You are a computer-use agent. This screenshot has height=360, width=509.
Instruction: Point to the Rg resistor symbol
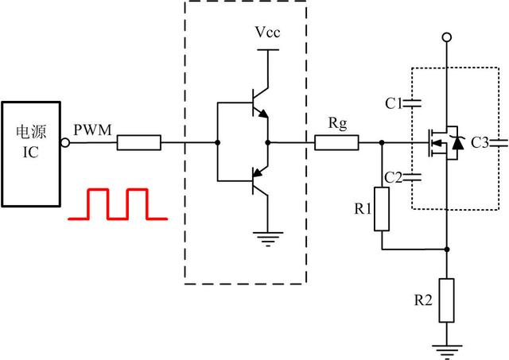pos(336,144)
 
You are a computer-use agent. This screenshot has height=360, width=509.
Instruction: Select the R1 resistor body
pos(382,209)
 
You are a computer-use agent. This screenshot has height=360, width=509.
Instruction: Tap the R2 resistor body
pos(446,300)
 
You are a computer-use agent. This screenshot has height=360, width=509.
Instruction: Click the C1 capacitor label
pos(393,103)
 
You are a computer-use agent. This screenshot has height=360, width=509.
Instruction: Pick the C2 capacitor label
pos(393,176)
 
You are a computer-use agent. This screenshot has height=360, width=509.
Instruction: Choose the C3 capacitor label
pos(480,143)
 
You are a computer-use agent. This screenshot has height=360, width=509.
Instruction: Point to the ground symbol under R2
pos(446,348)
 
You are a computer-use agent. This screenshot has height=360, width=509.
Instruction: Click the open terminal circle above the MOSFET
pos(446,37)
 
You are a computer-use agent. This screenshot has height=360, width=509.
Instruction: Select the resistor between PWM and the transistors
pos(139,144)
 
